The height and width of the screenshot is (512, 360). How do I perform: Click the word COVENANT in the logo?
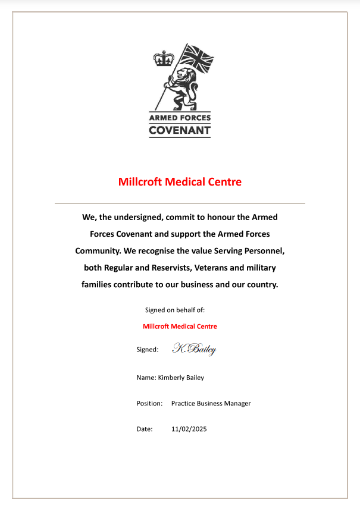[x=180, y=130]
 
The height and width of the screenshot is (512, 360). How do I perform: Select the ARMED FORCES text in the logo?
[x=180, y=118]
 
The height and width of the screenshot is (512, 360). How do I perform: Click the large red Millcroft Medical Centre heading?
[x=180, y=182]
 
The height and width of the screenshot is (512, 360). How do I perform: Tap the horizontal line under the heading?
[x=180, y=204]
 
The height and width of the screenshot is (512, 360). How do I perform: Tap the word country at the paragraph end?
[x=260, y=284]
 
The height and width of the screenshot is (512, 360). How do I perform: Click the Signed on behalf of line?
[x=175, y=310]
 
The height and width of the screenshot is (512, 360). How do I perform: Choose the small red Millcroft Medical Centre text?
[x=180, y=326]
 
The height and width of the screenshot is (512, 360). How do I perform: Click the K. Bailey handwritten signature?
[x=194, y=349]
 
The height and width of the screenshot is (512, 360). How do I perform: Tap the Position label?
[x=149, y=403]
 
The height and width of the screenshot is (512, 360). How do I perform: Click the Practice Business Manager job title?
[x=211, y=403]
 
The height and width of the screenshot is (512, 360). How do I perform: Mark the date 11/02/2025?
[x=189, y=429]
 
